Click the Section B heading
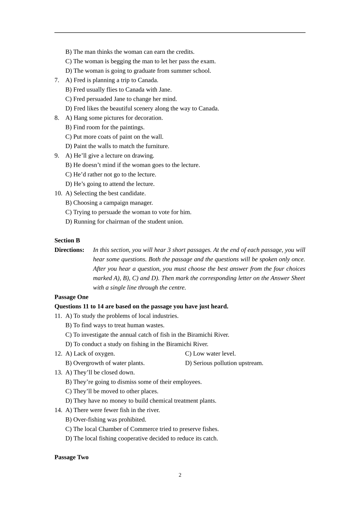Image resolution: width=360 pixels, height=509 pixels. pos(67,240)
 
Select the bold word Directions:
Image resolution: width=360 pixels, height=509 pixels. pos(69,250)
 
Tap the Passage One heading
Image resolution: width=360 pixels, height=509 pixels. pos(71,297)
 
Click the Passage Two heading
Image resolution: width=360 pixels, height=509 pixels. pos(71,457)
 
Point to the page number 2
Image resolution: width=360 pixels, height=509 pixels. pos(180,475)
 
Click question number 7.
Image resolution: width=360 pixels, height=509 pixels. pos(57,80)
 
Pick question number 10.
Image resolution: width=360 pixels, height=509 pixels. pos(58,194)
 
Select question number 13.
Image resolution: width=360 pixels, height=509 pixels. pos(58,373)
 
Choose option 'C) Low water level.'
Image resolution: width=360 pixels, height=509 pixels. pos(210,354)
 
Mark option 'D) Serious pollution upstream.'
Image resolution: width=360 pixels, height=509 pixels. pos(224,363)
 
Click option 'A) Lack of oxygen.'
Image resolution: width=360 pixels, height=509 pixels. pos(90,354)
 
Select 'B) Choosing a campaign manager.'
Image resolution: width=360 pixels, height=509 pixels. pos(109,203)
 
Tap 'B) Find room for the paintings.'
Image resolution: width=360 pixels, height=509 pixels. pos(105,128)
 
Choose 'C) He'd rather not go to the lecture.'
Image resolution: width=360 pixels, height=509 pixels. pos(111,175)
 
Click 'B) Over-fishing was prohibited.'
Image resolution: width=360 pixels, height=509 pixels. pos(106,420)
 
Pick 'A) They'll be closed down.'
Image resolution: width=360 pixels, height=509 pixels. pos(100,373)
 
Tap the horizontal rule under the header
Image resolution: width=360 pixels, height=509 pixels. pos(180,33)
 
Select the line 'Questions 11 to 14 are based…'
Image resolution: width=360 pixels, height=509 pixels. pos(141,306)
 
